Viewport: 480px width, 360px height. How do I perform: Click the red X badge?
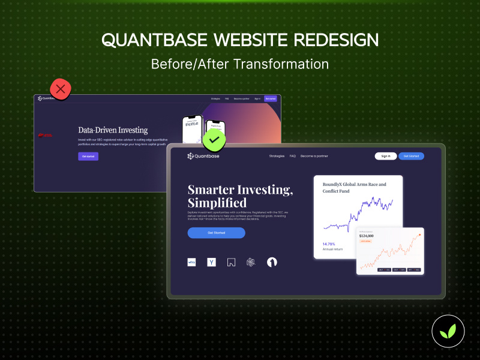[60, 89]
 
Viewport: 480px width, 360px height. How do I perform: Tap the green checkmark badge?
[213, 142]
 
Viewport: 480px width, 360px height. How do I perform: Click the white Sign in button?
[386, 156]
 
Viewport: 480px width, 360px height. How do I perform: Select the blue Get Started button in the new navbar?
[411, 156]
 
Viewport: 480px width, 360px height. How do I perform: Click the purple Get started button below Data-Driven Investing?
[88, 157]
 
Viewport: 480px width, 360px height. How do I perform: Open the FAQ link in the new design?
[293, 156]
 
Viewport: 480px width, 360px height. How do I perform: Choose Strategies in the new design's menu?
[277, 156]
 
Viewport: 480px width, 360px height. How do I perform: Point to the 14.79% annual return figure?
[329, 244]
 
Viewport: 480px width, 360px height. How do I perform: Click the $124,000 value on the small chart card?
[367, 236]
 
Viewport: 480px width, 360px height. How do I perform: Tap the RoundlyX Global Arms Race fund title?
[355, 188]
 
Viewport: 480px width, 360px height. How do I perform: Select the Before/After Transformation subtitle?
[240, 64]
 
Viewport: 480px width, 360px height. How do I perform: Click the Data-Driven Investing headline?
[113, 130]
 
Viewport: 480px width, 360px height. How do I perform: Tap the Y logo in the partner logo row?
[211, 262]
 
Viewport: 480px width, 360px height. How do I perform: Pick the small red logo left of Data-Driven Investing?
[46, 135]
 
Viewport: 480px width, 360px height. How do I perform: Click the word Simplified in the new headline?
[217, 203]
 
